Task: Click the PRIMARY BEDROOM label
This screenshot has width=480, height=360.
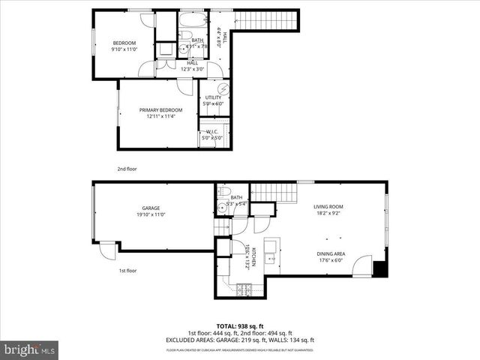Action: coord(160,110)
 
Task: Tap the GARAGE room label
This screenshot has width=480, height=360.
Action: coord(151,208)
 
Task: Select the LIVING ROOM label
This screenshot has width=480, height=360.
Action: coord(328,206)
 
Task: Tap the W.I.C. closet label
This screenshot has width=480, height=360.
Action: coord(211,131)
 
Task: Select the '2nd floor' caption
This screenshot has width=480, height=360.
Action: coord(127,169)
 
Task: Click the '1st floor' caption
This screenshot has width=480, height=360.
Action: coord(127,270)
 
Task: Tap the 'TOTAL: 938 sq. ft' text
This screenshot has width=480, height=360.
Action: coord(239,325)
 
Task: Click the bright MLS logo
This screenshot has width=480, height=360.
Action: coord(29,349)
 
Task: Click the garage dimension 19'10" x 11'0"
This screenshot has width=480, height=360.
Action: coord(151,214)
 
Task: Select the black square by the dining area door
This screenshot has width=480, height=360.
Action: coord(380,268)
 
